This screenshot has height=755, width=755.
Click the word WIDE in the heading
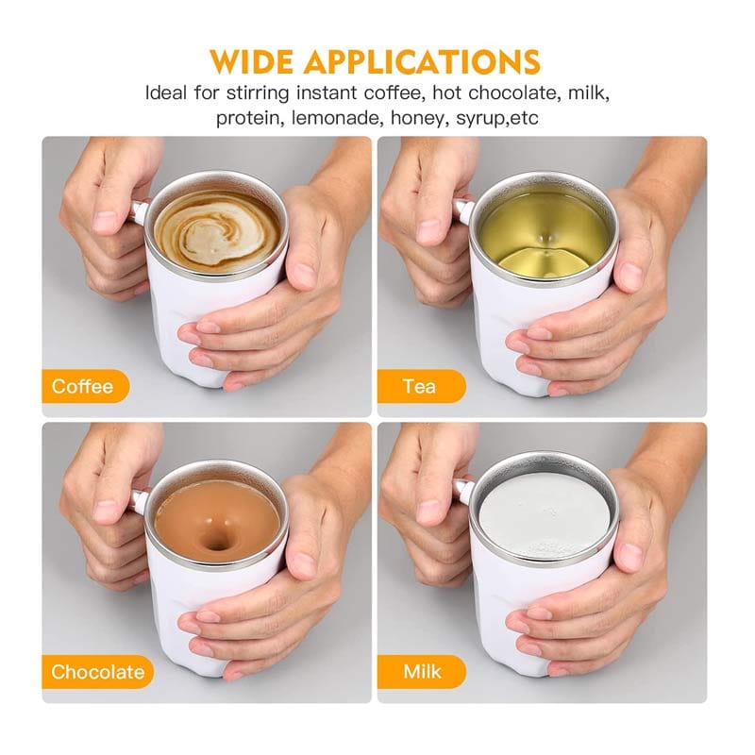click(251, 61)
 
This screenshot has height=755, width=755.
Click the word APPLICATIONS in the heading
click(422, 61)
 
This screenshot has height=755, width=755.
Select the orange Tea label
click(422, 386)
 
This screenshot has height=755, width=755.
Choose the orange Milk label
click(422, 672)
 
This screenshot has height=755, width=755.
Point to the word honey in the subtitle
click(418, 119)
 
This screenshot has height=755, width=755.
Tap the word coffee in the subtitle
click(394, 92)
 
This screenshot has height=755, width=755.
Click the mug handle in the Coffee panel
click(139, 210)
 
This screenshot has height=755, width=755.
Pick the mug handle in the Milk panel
click(463, 492)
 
